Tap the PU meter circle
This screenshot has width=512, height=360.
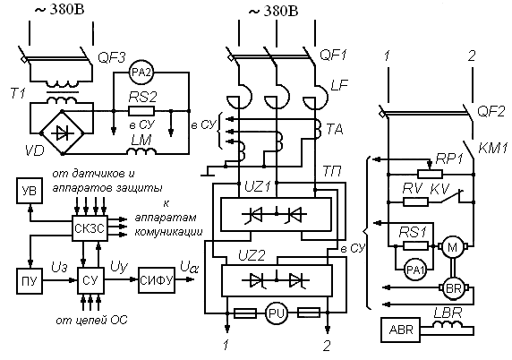click(x=277, y=313)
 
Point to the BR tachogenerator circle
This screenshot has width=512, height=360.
click(x=453, y=288)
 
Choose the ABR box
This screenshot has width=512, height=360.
click(x=401, y=330)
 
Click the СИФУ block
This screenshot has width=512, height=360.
click(x=157, y=280)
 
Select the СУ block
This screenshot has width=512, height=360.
click(x=90, y=280)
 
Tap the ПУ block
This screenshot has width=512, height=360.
click(x=30, y=281)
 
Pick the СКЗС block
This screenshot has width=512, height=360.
click(x=90, y=228)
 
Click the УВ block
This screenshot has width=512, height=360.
click(x=30, y=191)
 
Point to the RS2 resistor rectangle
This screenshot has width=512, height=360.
click(x=141, y=111)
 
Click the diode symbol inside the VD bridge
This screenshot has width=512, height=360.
click(x=63, y=133)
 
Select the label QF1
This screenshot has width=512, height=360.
click(x=333, y=55)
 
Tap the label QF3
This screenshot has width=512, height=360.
click(x=112, y=58)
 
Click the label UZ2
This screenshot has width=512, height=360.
click(x=252, y=255)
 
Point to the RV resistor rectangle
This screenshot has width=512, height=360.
click(x=416, y=201)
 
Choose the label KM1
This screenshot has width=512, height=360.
click(x=492, y=148)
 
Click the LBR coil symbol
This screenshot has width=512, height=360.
click(x=448, y=324)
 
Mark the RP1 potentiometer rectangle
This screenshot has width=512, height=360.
click(x=430, y=174)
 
